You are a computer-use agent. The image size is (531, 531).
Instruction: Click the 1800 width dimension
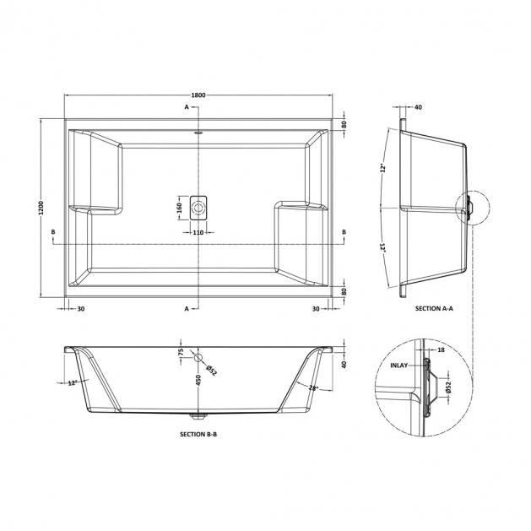pyautogui.click(x=198, y=95)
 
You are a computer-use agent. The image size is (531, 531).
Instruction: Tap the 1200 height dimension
pyautogui.click(x=41, y=208)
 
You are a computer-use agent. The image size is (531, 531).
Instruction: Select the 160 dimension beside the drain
pyautogui.click(x=180, y=208)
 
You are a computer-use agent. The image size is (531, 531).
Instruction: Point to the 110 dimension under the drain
pyautogui.click(x=198, y=232)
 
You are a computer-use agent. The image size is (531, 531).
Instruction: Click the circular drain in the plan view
pyautogui.click(x=198, y=208)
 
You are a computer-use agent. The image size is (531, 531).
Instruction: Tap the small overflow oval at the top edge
pyautogui.click(x=198, y=133)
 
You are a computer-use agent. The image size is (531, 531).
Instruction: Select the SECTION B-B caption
pyautogui.click(x=198, y=434)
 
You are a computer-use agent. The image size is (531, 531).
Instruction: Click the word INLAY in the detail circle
pyautogui.click(x=399, y=366)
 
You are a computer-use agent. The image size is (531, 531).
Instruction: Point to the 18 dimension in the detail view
pyautogui.click(x=441, y=349)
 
